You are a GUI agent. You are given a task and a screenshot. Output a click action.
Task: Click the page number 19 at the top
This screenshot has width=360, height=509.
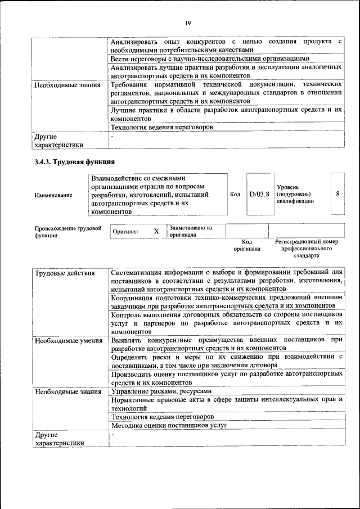(x=188, y=22)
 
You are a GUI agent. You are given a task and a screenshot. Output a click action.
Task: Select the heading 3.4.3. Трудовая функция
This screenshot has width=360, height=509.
(x=75, y=162)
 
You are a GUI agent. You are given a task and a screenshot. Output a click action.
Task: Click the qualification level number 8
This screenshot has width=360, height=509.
(x=337, y=193)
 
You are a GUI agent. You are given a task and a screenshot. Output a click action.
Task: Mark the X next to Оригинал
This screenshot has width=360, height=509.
(x=156, y=231)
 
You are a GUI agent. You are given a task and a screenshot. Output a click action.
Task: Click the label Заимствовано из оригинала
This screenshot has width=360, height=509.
(x=191, y=231)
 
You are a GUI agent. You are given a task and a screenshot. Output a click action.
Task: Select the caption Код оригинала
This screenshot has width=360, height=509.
(x=247, y=245)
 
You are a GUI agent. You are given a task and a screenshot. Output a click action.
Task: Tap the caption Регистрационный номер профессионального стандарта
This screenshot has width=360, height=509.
(x=306, y=248)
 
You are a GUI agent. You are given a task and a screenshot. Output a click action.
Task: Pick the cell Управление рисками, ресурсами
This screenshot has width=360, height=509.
(x=161, y=391)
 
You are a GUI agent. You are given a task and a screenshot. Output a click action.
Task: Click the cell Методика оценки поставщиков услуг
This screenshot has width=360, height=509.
(x=169, y=425)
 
